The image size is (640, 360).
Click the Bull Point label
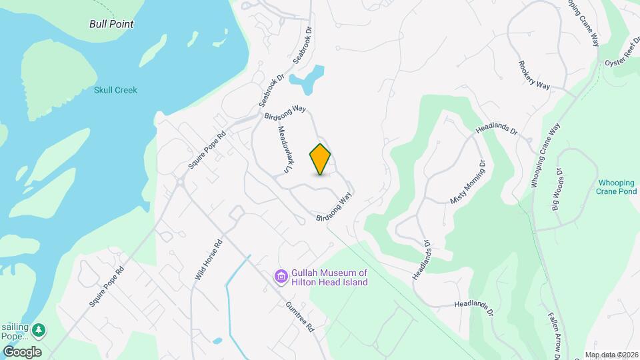[x=111, y=24]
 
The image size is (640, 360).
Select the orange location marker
[x=321, y=159]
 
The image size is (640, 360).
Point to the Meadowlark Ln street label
[x=283, y=150]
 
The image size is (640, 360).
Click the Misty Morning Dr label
[x=469, y=181]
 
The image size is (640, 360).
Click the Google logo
[x=22, y=351]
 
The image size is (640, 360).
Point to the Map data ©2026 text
[x=611, y=355]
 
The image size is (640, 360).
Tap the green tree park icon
[x=41, y=329]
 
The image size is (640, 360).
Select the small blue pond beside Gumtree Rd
[x=217, y=341]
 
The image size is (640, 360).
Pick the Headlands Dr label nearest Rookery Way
[x=497, y=128]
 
